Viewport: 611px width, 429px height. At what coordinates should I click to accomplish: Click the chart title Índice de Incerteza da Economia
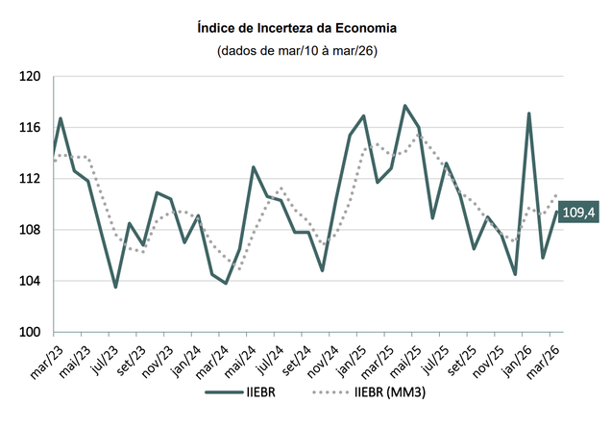point(305,29)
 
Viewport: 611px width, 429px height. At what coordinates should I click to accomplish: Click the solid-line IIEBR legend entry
point(241,392)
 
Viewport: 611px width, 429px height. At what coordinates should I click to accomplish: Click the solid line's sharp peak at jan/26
point(529,114)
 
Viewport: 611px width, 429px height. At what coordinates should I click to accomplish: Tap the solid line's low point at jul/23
point(115,287)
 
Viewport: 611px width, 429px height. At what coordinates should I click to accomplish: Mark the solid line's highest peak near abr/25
point(404,106)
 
